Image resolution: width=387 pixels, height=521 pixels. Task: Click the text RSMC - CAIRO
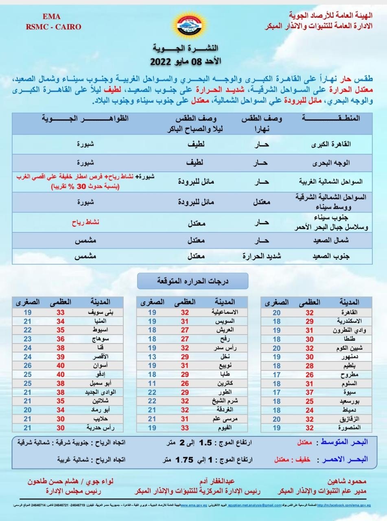pos(53,27)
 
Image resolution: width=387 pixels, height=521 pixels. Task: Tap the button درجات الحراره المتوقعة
pos(192,281)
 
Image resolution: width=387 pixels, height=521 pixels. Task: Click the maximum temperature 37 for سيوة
pos(310,392)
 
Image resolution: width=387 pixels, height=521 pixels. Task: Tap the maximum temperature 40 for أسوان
pos(60,366)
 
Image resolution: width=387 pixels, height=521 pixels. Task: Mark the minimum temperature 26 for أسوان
pos(28,366)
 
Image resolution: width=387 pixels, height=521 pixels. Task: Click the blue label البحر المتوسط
pos(344,442)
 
